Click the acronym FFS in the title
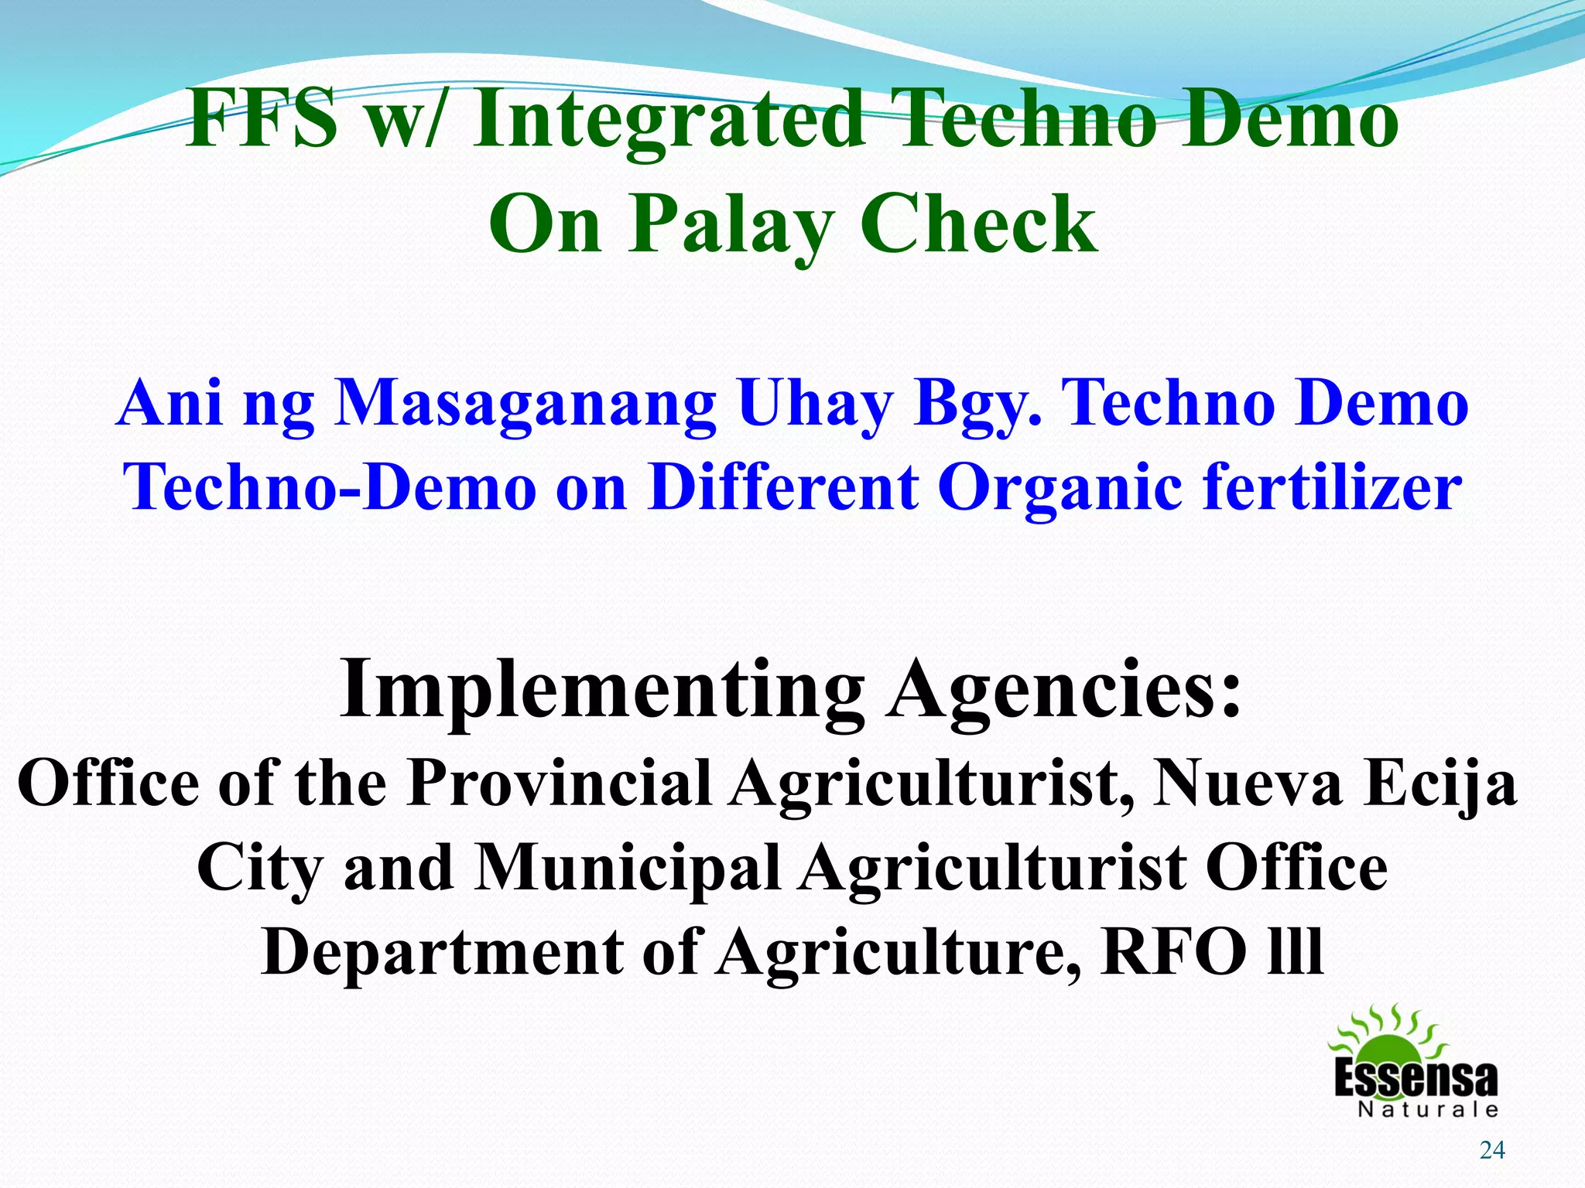pos(262,120)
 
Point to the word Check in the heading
pos(978,224)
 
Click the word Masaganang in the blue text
pos(525,403)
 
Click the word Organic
pos(1060,486)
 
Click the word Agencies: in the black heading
pos(1065,688)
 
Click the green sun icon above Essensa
pos(1388,1036)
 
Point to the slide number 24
pos(1492,1151)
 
